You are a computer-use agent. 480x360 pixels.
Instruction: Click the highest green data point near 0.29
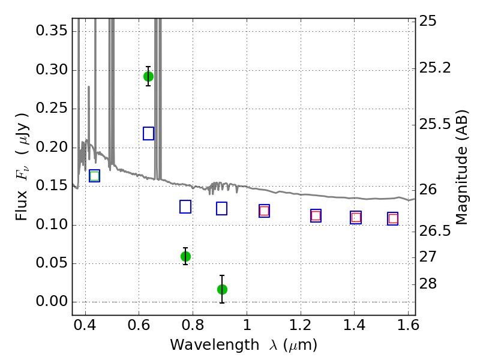[x=148, y=77]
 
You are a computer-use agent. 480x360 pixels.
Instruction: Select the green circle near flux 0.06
[x=185, y=257]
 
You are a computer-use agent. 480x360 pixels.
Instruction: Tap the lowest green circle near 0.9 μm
[x=222, y=289]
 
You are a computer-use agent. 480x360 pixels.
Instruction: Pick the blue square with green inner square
[x=95, y=176]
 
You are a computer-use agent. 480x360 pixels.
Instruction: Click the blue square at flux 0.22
[x=148, y=133]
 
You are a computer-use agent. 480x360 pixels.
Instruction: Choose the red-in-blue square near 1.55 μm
[x=393, y=218]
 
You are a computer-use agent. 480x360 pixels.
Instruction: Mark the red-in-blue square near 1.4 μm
[x=356, y=217]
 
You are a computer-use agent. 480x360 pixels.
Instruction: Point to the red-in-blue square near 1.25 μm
[x=316, y=215]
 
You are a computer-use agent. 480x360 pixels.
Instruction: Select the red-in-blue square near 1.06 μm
[x=264, y=211]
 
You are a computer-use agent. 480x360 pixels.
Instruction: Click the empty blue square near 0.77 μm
[x=185, y=206]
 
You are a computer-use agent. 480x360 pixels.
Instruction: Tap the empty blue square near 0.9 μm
[x=221, y=208]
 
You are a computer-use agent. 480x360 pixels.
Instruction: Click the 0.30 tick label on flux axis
[x=52, y=70]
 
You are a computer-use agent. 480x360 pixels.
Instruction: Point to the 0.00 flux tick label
[x=52, y=302]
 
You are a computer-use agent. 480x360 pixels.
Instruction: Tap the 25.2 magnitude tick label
[x=434, y=68]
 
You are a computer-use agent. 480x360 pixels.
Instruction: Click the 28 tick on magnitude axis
[x=428, y=284]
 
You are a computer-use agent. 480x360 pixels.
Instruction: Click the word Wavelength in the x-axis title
[x=215, y=345]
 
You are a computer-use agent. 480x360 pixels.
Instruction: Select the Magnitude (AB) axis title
[x=461, y=167]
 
